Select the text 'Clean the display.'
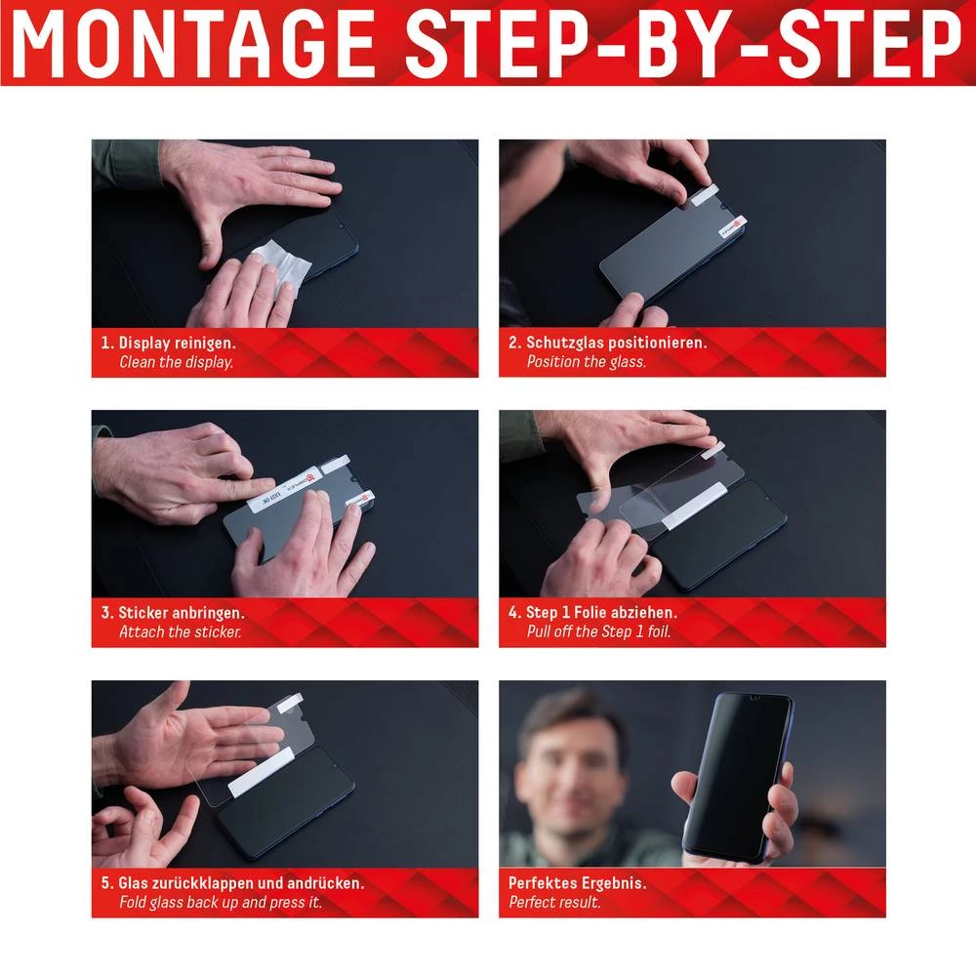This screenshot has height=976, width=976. point(176,362)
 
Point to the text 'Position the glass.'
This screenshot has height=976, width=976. point(586,362)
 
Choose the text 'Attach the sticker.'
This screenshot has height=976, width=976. point(180,631)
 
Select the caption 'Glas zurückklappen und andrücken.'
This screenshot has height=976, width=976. point(241,883)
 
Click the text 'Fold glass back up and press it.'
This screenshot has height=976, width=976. point(220,903)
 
